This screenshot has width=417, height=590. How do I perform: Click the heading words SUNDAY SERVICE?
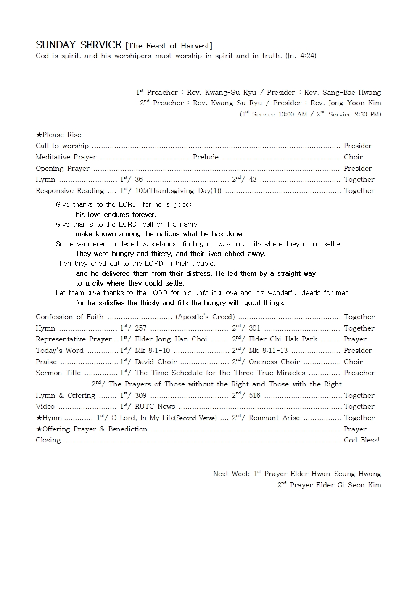pyautogui.click(x=78, y=45)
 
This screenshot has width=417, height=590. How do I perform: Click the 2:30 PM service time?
pyautogui.click(x=368, y=114)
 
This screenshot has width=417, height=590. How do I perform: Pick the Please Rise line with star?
pyautogui.click(x=58, y=135)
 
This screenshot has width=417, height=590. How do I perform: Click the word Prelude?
pyautogui.click(x=206, y=157)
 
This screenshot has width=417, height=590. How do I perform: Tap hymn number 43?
pyautogui.click(x=253, y=180)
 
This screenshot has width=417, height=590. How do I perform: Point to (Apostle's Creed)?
pyautogui.click(x=205, y=317)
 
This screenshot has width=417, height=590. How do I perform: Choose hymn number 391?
pyautogui.click(x=254, y=328)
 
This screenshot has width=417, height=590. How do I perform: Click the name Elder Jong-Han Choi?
pyautogui.click(x=171, y=339)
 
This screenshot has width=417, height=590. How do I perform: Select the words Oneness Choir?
pyautogui.click(x=274, y=362)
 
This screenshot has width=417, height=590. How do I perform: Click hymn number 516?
pyautogui.click(x=254, y=396)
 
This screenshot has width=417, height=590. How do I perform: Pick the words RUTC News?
pyautogui.click(x=155, y=407)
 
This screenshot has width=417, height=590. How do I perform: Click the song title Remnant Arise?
pyautogui.click(x=274, y=418)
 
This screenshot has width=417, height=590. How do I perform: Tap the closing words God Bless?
pyautogui.click(x=362, y=440)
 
